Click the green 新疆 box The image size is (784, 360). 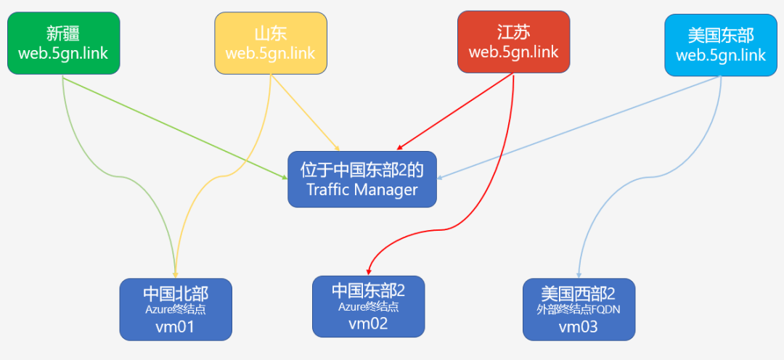63,43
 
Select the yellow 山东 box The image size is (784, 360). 271,43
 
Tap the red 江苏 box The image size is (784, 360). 514,41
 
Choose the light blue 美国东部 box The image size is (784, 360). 721,44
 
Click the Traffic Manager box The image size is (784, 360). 362,179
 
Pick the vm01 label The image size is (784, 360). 175,327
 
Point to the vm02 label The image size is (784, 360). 368,323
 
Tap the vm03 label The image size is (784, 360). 579,327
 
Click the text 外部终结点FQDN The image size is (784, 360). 579,310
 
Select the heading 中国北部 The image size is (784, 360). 175,294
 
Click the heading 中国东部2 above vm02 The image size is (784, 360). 368,290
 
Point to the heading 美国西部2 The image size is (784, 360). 579,294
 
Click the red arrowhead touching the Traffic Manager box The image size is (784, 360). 399,148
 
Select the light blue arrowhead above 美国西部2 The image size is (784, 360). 579,275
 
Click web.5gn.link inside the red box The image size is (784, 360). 514,52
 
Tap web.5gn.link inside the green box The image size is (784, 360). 63,54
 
